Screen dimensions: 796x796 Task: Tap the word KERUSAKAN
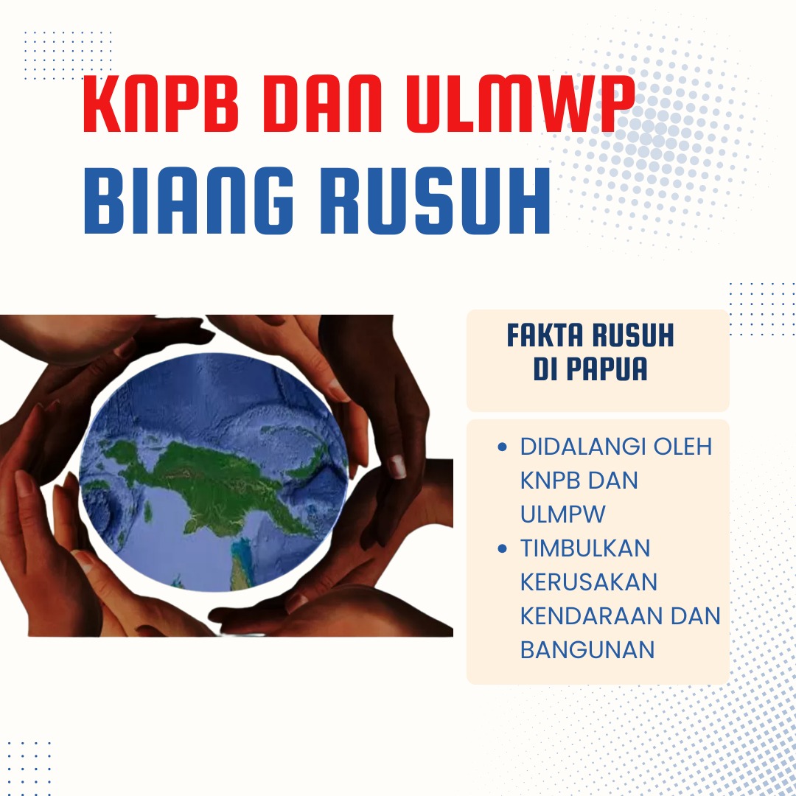[x=588, y=582]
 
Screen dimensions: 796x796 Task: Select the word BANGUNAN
[x=587, y=650]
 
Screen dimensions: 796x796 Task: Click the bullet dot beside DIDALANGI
[x=503, y=447]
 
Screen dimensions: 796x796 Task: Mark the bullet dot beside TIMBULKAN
[x=503, y=548]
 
